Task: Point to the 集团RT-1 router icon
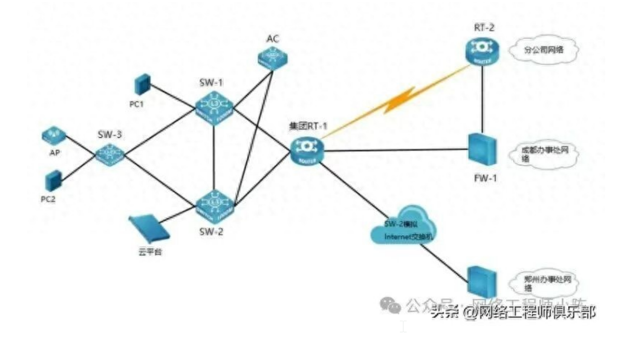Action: pos(307,151)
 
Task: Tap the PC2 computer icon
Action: pos(52,181)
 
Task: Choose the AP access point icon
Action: pos(53,135)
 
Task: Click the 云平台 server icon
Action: pos(149,228)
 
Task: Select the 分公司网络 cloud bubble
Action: pos(543,49)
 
